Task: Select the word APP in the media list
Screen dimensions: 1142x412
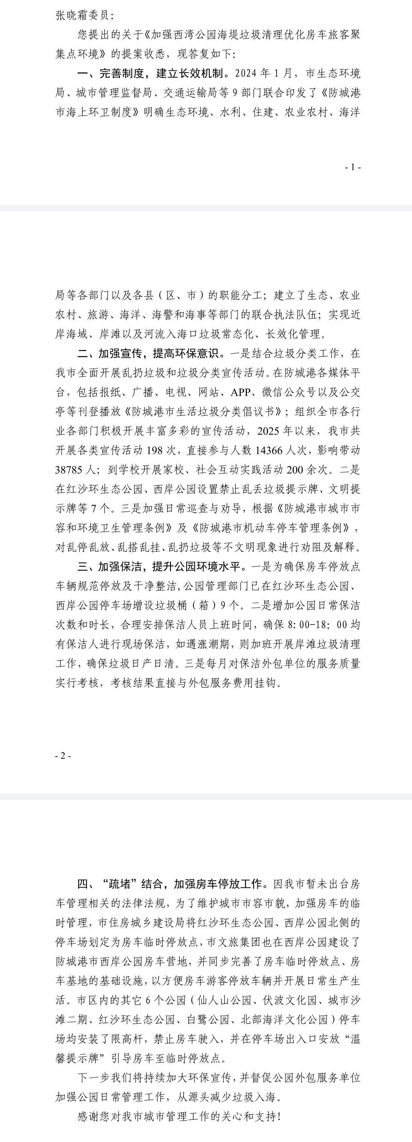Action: [240, 392]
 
